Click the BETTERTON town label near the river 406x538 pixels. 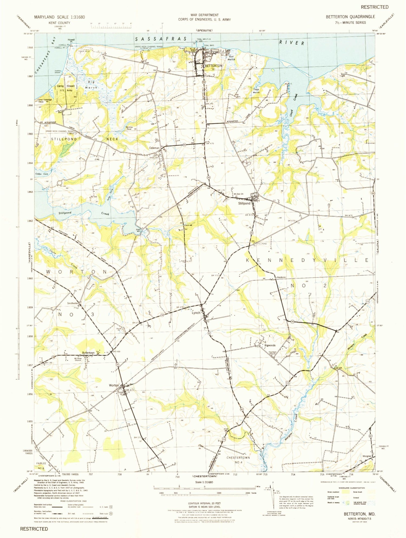pos(213,66)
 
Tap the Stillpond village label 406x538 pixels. pos(244,203)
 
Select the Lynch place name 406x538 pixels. pos(196,313)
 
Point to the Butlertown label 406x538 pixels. pos(88,353)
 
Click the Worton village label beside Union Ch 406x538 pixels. pos(114,385)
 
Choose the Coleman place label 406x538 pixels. pos(154,148)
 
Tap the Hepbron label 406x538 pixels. pos(281,277)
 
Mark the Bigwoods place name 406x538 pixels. pos(270,345)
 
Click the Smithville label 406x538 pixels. pos(73,303)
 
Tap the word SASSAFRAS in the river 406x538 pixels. pos(161,39)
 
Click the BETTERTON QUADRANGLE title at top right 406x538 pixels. pos(350,17)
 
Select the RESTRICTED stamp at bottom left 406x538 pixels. pos(34,529)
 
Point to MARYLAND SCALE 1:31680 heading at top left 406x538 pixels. pos(60,17)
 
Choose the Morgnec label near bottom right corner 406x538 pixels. pos(367,456)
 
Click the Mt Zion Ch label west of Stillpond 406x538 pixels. pos(238,194)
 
